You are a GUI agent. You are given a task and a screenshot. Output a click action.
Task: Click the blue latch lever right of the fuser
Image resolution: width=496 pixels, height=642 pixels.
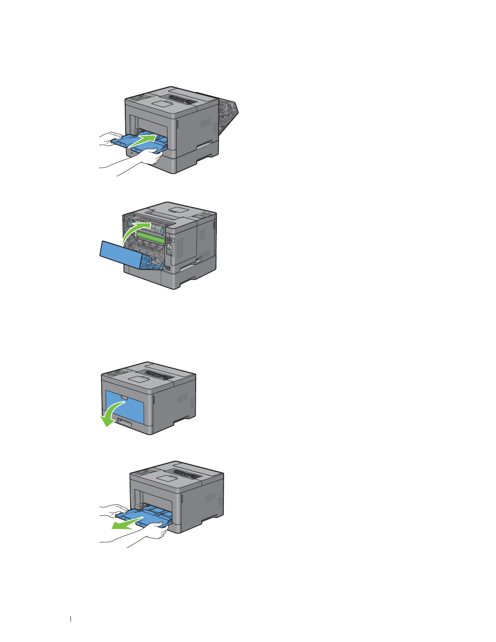(x=162, y=231)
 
